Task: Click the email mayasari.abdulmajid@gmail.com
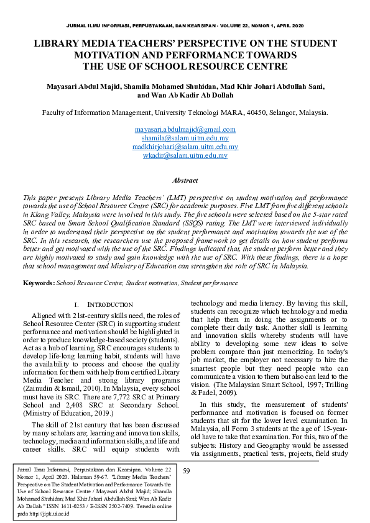[x=185, y=129]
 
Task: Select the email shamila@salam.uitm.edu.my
[x=185, y=138]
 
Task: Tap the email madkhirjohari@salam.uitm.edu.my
[x=185, y=147]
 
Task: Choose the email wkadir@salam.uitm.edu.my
[x=185, y=155]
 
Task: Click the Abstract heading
[x=185, y=181]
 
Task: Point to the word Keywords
[x=39, y=283]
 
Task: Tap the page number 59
[x=187, y=471]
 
